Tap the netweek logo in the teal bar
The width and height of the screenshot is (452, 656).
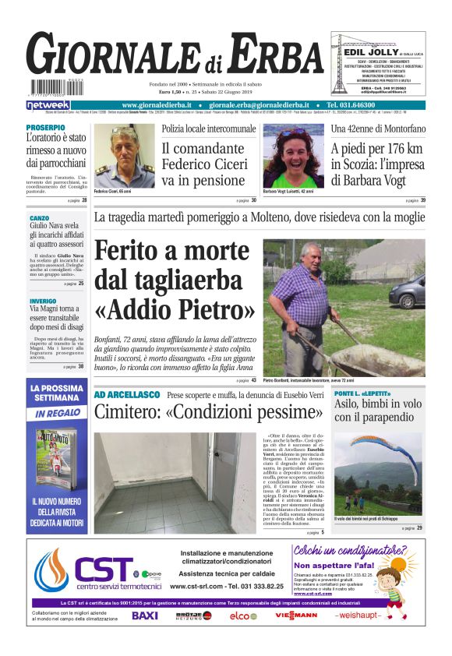coord(48,105)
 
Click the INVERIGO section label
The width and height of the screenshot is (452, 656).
coord(43,300)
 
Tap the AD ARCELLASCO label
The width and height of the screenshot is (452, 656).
coord(126,395)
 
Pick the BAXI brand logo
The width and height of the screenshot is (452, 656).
coord(144,615)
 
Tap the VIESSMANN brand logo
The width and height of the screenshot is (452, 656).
coord(295,615)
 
